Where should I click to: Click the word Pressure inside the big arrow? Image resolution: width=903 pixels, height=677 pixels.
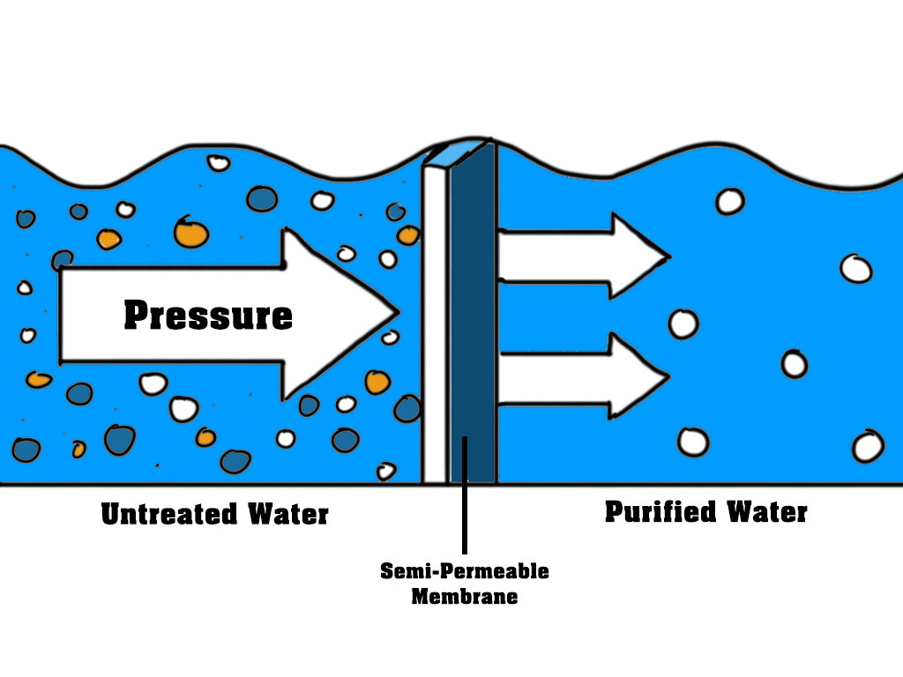click(208, 315)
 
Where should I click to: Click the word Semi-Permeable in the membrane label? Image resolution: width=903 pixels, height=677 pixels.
click(464, 571)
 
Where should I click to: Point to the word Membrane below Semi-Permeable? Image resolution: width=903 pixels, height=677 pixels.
click(464, 596)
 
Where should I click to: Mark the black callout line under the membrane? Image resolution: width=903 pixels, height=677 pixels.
click(464, 520)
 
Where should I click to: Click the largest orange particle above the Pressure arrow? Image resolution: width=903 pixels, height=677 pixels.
click(190, 233)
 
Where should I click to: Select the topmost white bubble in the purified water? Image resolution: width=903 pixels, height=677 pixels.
click(729, 201)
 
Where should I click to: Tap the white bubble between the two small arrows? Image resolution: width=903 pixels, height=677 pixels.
click(683, 324)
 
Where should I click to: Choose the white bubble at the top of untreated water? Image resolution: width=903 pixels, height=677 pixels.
click(218, 163)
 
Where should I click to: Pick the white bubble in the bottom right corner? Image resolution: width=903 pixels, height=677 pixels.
click(867, 446)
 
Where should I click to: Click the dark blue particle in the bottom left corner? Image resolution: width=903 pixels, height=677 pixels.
click(26, 450)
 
